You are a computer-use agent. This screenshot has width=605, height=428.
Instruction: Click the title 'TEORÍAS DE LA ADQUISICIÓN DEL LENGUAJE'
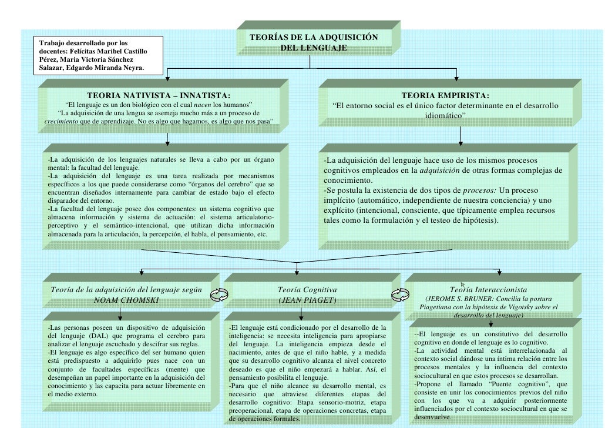pyautogui.click(x=313, y=42)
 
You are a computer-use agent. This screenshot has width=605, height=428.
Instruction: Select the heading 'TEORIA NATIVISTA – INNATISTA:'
pyautogui.click(x=159, y=95)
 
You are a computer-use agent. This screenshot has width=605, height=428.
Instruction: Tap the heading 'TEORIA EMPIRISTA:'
pyautogui.click(x=445, y=96)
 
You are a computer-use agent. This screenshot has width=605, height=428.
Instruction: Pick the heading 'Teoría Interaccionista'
pyautogui.click(x=488, y=289)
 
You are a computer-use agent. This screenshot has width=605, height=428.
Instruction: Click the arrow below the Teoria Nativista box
pyautogui.click(x=168, y=138)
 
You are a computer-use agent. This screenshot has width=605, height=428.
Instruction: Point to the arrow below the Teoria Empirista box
pyautogui.click(x=460, y=136)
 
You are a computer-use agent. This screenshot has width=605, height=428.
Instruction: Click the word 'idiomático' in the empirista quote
pyautogui.click(x=444, y=116)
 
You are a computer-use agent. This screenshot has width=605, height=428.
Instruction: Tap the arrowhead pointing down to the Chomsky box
pyautogui.click(x=140, y=271)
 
